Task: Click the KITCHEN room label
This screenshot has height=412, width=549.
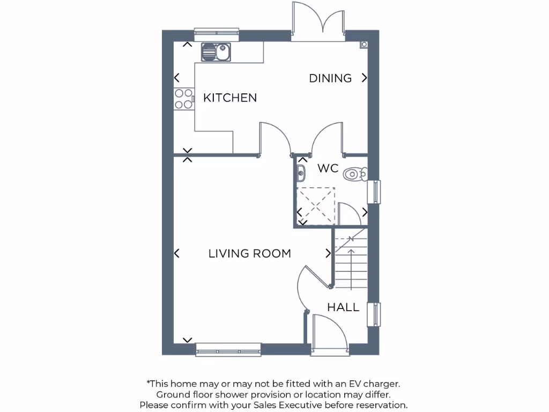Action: [230, 98]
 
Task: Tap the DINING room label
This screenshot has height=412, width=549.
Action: [330, 78]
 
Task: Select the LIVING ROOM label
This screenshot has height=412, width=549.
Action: [249, 254]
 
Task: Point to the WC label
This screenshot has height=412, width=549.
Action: [328, 168]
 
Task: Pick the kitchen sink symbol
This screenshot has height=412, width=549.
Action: [216, 53]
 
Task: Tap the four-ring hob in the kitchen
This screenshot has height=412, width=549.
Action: [183, 99]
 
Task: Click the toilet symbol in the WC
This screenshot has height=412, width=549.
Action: [355, 173]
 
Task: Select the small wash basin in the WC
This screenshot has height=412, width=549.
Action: [301, 173]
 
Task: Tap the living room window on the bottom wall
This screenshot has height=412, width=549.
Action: [228, 349]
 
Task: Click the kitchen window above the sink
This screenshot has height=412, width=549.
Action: [216, 34]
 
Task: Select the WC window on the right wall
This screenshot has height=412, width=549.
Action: [377, 192]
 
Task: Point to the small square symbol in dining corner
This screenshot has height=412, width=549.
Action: [364, 44]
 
